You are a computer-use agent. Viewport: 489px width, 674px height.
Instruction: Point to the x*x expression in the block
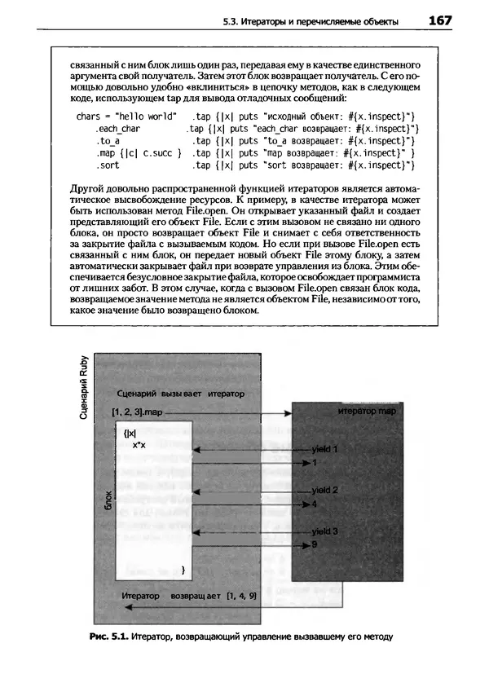(x=139, y=444)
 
